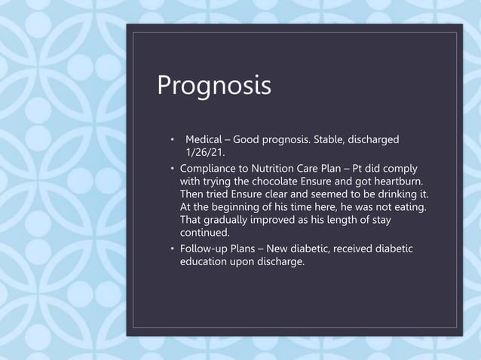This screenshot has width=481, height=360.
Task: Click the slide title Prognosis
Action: click(x=213, y=86)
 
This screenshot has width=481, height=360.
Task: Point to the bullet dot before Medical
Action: click(x=172, y=141)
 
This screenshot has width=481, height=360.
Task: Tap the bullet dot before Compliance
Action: click(x=172, y=168)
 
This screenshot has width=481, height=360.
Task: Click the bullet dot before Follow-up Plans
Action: click(x=172, y=249)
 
